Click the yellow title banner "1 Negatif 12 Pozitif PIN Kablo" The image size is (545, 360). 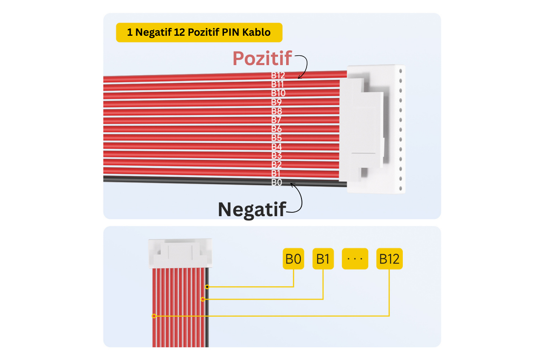coord(199,32)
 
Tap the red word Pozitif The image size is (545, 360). coord(262,58)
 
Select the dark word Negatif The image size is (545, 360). coord(251,209)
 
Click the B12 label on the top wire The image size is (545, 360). coord(278,75)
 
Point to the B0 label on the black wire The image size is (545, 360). coord(277,183)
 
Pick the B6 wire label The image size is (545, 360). coord(277,129)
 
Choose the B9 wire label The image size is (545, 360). coord(277,102)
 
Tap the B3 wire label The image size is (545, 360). coord(277,156)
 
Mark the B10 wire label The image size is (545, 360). coord(278,93)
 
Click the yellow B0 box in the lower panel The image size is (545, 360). coord(293,259)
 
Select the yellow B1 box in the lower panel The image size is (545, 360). coord(323,259)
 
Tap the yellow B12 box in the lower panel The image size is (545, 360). coord(389,259)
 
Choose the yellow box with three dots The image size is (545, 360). coord(355,259)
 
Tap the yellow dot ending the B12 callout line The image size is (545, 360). coord(154,316)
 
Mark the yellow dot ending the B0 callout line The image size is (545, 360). coord(207,287)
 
